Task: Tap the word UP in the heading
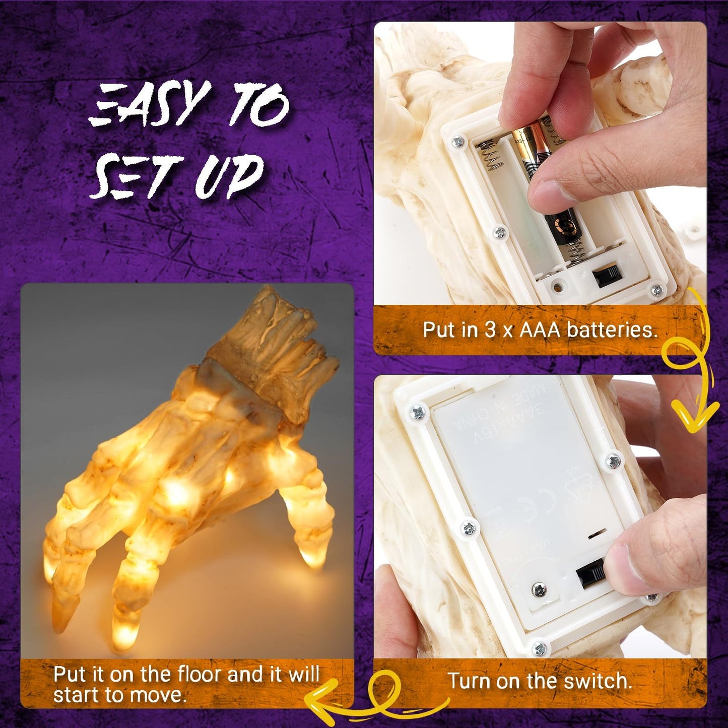(229, 176)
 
